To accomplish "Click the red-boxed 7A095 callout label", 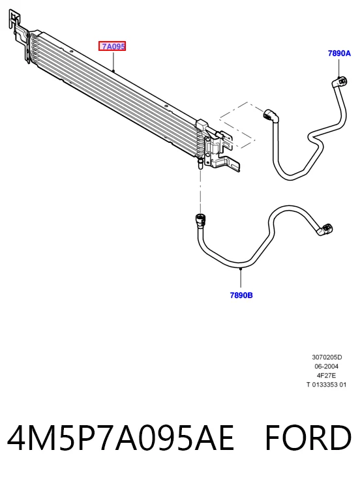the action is (x=112, y=46).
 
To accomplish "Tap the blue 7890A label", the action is (x=339, y=53).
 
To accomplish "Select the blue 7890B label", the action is (x=241, y=295).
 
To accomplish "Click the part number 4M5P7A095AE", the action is (x=121, y=437).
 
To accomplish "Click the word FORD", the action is (x=308, y=437).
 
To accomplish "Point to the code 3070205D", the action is (x=327, y=357).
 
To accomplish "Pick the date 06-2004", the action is (x=327, y=366).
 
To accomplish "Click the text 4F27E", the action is (x=327, y=375).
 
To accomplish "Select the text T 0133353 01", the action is (x=327, y=385).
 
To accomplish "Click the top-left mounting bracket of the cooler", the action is (x=19, y=33).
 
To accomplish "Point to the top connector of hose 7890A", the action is (x=340, y=81).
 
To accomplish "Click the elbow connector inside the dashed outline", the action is (x=270, y=115).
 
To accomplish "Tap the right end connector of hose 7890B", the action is (x=325, y=230).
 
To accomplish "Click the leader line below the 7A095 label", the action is (x=113, y=61).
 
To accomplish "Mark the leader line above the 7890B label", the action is (x=241, y=278).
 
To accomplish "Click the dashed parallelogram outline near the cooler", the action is (x=237, y=125).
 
